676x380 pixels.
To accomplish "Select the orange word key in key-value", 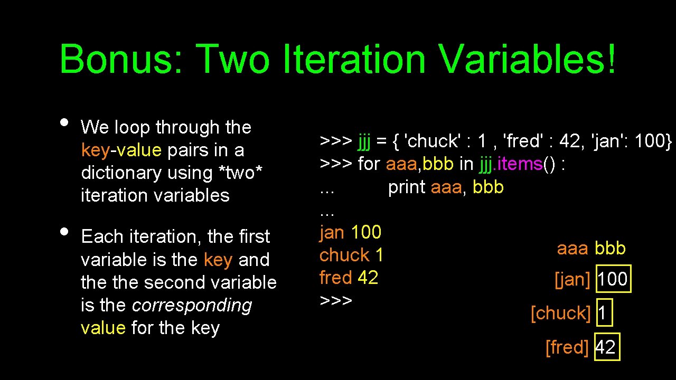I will tap(95, 150).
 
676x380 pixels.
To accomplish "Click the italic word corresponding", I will tap(192, 305).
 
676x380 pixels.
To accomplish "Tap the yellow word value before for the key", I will tap(103, 328).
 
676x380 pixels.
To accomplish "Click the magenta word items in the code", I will tap(521, 164).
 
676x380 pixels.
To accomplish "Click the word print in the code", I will tap(407, 187).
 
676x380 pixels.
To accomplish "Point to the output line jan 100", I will tap(350, 232).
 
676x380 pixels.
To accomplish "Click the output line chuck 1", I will tap(351, 255).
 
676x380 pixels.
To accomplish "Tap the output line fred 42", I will tap(349, 278).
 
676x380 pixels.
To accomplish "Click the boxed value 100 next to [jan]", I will tap(613, 279).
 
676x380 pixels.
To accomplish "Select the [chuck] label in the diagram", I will tap(560, 313).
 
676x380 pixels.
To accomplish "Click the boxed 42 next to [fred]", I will tap(606, 347).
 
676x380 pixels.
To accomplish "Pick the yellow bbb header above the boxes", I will tap(610, 248).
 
